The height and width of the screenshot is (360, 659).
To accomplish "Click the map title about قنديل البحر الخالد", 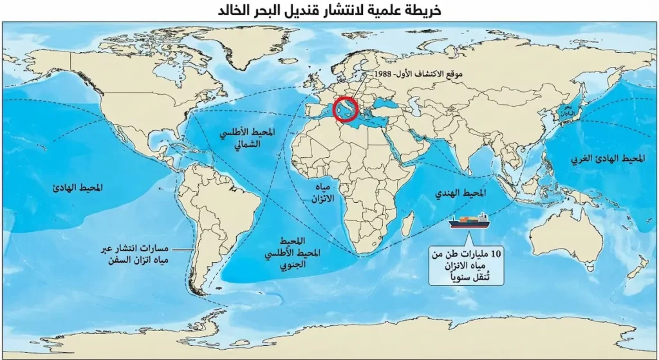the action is pos(329,10).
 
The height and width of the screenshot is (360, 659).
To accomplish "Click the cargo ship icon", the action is pos(469,221).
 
